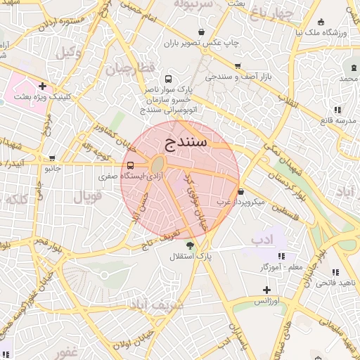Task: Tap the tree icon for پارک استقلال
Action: click(190, 245)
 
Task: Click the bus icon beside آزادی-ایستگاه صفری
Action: click(129, 165)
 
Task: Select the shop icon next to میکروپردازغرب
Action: click(240, 191)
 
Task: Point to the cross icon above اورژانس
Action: click(266, 290)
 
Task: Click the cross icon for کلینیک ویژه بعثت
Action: click(42, 86)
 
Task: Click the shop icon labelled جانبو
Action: click(52, 158)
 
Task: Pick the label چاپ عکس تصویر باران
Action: click(202, 43)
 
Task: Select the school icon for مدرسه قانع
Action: click(337, 110)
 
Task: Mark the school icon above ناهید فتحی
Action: click(335, 272)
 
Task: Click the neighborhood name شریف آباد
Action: click(156, 305)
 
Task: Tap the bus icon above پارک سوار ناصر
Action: click(167, 79)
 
